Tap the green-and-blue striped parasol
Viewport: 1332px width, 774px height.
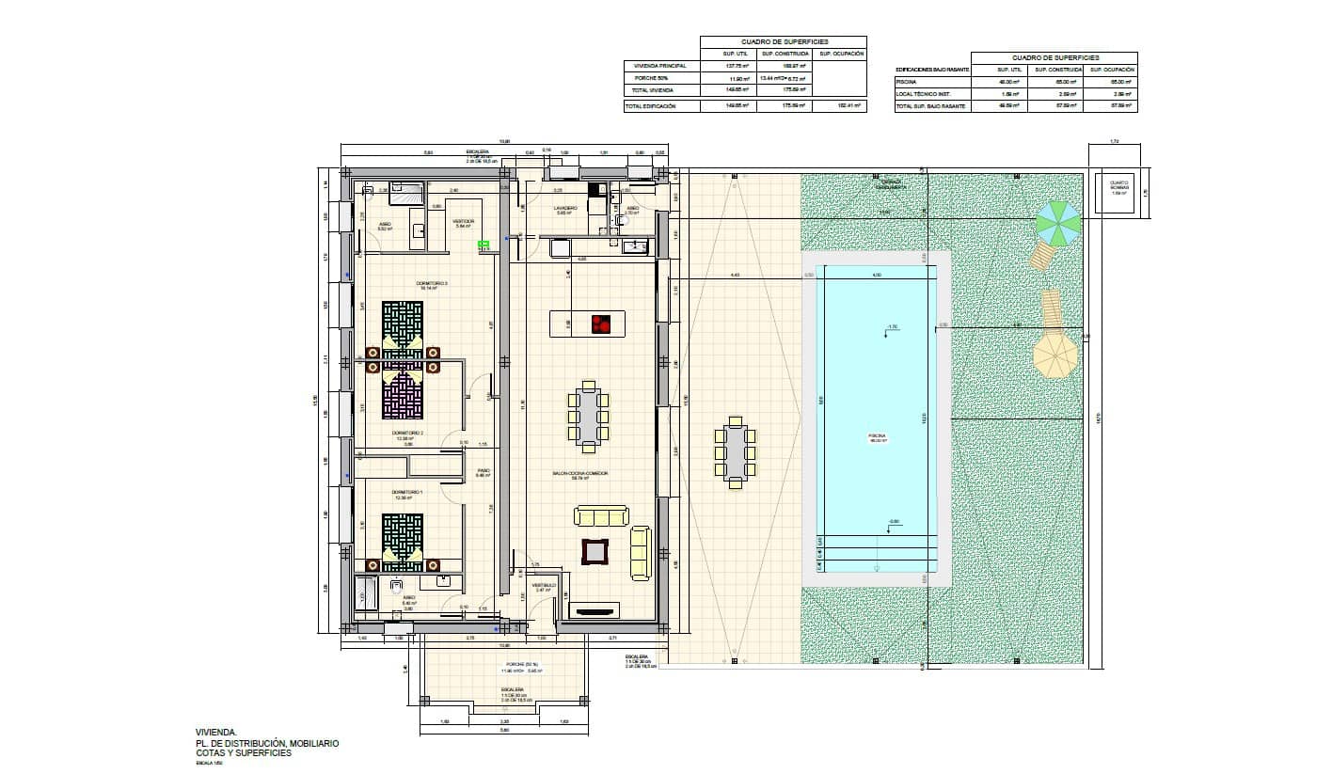click(x=1058, y=223)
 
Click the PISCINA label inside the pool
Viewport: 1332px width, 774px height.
click(x=879, y=437)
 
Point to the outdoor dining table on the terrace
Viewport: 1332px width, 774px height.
click(x=735, y=452)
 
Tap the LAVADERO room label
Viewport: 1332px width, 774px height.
click(x=564, y=208)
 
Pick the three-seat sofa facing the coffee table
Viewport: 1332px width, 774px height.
click(x=601, y=515)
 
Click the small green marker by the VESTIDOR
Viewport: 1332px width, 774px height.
click(x=484, y=245)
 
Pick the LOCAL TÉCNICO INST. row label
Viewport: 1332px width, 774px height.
click(x=924, y=94)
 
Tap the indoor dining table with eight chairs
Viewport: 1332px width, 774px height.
click(x=589, y=415)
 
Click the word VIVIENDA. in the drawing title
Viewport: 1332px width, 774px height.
click(x=210, y=732)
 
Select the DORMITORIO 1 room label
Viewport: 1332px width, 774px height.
click(x=407, y=492)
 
